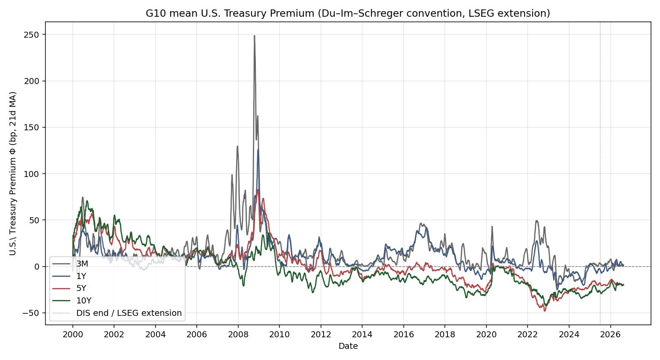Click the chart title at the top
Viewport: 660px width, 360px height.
pyautogui.click(x=348, y=13)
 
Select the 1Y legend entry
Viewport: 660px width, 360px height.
pyautogui.click(x=69, y=276)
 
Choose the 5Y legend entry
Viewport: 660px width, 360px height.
pyautogui.click(x=69, y=288)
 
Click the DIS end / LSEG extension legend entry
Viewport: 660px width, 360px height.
pyautogui.click(x=117, y=313)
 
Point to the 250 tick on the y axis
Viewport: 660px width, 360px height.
pyautogui.click(x=32, y=35)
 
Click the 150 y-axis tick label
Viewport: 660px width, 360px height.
pyautogui.click(x=32, y=128)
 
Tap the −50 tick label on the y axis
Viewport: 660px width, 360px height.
pyautogui.click(x=31, y=313)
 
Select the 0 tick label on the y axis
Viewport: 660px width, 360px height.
pyautogui.click(x=37, y=267)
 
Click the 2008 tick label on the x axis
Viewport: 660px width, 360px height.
pyautogui.click(x=238, y=334)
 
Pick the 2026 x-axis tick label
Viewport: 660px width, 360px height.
pyautogui.click(x=610, y=334)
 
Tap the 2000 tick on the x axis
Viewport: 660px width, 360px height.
pyautogui.click(x=72, y=334)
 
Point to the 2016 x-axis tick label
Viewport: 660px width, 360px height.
pyautogui.click(x=403, y=334)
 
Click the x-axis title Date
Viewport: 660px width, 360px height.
pyautogui.click(x=348, y=346)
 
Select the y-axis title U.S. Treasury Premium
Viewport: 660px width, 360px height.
pyautogui.click(x=13, y=174)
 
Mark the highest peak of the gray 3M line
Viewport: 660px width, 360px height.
pyautogui.click(x=255, y=36)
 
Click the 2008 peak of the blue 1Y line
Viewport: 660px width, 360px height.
pyautogui.click(x=258, y=150)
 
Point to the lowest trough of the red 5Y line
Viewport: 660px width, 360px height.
pyautogui.click(x=545, y=311)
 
